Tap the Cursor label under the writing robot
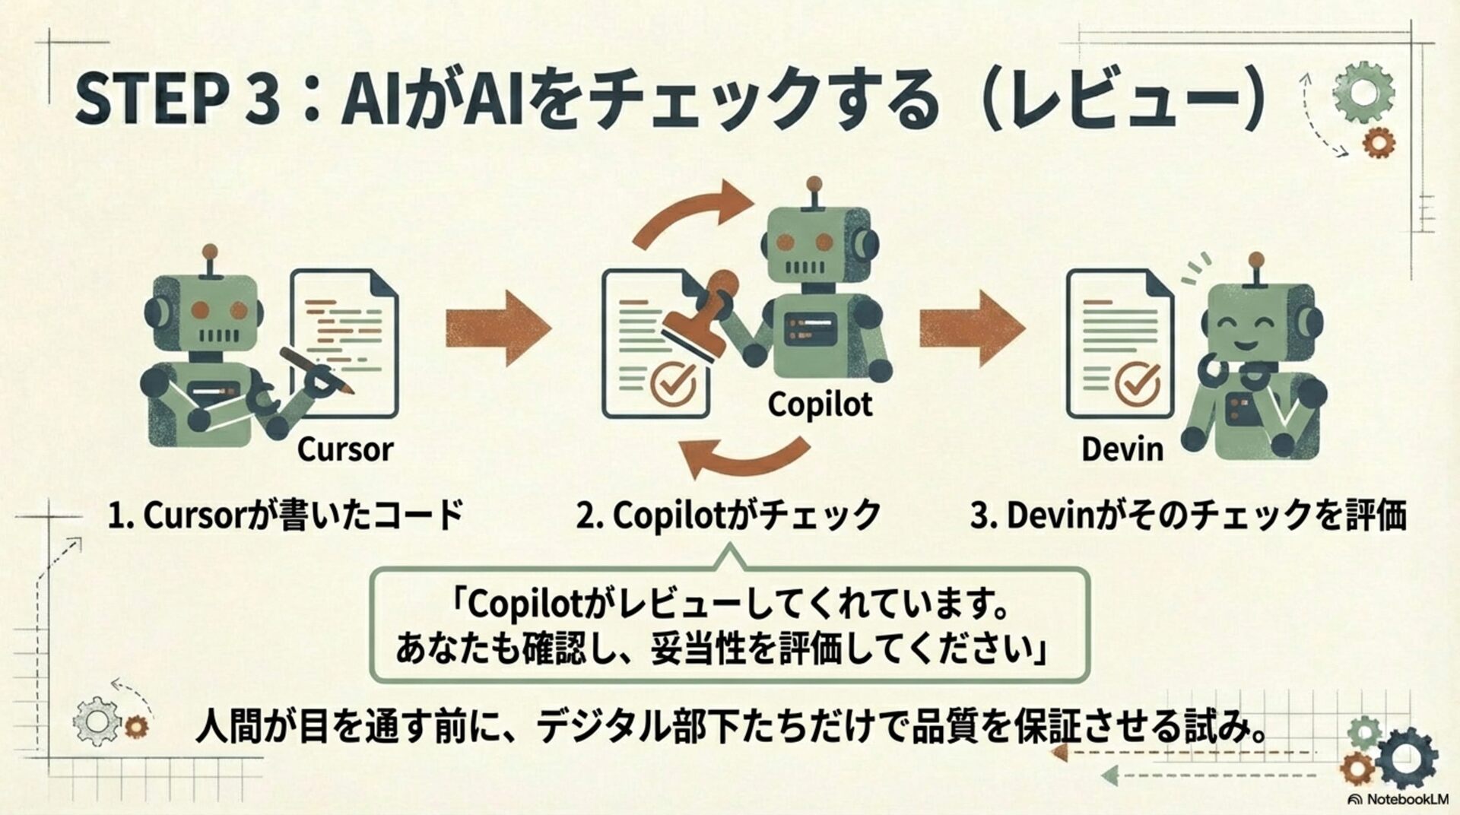(344, 449)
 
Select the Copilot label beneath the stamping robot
(820, 404)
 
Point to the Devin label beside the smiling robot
(1122, 449)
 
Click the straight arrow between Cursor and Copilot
(497, 328)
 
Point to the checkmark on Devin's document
(1138, 382)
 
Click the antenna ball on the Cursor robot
(210, 252)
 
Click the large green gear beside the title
(1364, 91)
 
